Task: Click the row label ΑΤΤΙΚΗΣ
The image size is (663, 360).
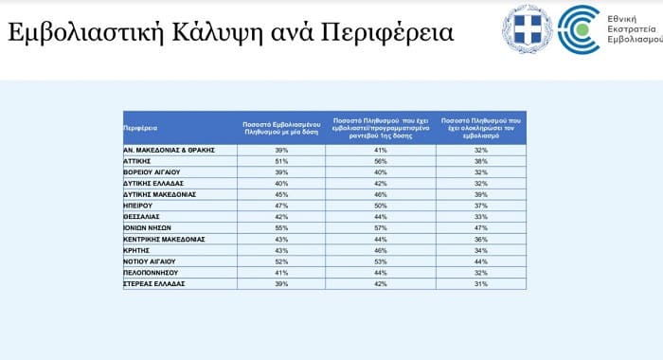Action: [x=138, y=161]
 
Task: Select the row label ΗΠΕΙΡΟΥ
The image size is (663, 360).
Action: [x=139, y=205]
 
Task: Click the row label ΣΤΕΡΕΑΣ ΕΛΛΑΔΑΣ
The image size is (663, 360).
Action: [x=153, y=282]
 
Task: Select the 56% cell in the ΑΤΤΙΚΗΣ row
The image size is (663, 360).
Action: [x=382, y=161]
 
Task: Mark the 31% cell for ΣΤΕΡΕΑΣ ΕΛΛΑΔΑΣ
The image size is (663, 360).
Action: [x=481, y=282]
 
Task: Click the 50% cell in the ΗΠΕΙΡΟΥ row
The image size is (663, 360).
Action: [x=382, y=205]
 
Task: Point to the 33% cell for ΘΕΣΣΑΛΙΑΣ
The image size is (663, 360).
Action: [x=481, y=216]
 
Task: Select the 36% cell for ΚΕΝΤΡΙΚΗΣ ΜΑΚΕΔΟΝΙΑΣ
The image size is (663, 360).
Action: [x=481, y=238]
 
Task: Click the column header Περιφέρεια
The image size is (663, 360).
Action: [x=140, y=127]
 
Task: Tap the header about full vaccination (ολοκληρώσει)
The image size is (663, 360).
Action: [x=481, y=127]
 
